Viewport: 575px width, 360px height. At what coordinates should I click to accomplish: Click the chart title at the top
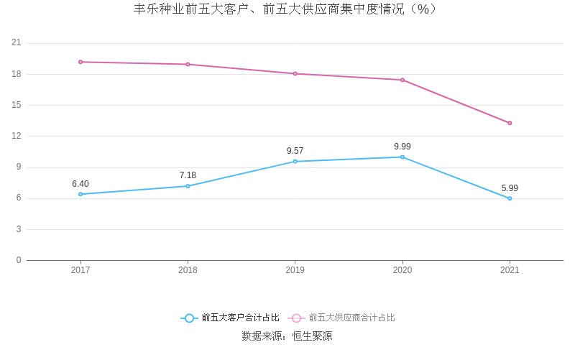[x=286, y=9]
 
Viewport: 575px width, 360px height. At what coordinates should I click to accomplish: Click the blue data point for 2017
[x=80, y=194]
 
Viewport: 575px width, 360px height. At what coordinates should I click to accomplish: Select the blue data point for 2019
[x=295, y=162]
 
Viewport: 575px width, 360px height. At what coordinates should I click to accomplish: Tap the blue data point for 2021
[x=510, y=198]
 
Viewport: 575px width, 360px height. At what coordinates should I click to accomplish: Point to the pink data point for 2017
[x=80, y=62]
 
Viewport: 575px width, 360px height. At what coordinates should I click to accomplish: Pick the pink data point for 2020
[x=402, y=80]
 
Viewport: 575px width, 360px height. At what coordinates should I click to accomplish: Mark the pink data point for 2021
[x=510, y=123]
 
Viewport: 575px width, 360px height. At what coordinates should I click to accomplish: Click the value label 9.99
[x=402, y=147]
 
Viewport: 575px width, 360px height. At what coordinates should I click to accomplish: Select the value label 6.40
[x=80, y=184]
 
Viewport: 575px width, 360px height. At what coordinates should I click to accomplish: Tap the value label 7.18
[x=188, y=175]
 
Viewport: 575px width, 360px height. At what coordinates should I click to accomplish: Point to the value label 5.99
[x=510, y=188]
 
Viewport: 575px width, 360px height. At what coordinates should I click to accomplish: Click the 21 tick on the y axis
[x=17, y=43]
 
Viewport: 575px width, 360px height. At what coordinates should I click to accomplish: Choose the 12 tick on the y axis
[x=17, y=136]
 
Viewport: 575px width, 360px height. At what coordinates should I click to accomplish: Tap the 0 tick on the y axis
[x=19, y=260]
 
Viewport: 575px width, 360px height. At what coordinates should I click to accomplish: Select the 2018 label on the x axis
[x=188, y=270]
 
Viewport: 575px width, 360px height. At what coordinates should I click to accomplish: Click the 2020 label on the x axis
[x=402, y=270]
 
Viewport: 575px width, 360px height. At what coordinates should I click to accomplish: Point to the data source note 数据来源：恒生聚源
[x=287, y=336]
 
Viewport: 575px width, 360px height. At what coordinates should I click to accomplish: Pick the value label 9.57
[x=295, y=151]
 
